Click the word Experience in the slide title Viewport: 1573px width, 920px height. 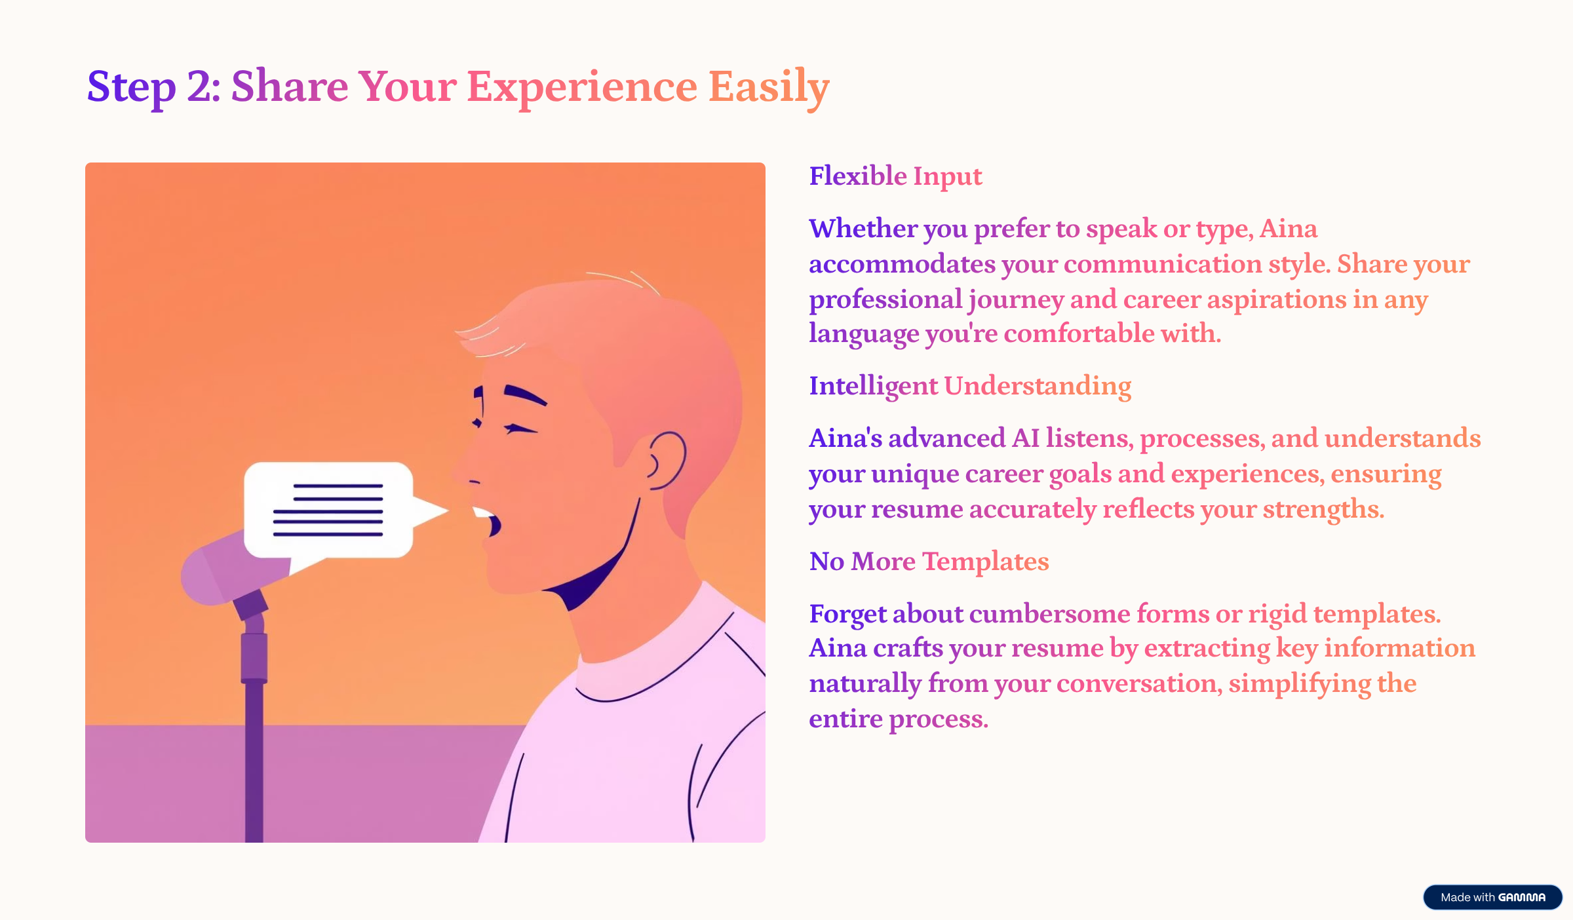coord(582,87)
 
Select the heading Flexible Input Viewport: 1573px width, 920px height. coord(895,177)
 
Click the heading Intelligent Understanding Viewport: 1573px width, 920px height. coord(970,387)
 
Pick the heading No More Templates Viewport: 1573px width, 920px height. coord(929,562)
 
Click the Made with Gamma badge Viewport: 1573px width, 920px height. coord(1492,897)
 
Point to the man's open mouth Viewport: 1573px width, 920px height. coord(488,521)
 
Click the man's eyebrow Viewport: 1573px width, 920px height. coord(525,395)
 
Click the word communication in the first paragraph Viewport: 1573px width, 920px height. coord(1163,264)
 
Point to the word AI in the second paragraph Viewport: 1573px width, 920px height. coord(1026,438)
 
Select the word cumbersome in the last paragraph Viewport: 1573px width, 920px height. coord(1049,614)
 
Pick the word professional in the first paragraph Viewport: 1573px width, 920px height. coord(885,300)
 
